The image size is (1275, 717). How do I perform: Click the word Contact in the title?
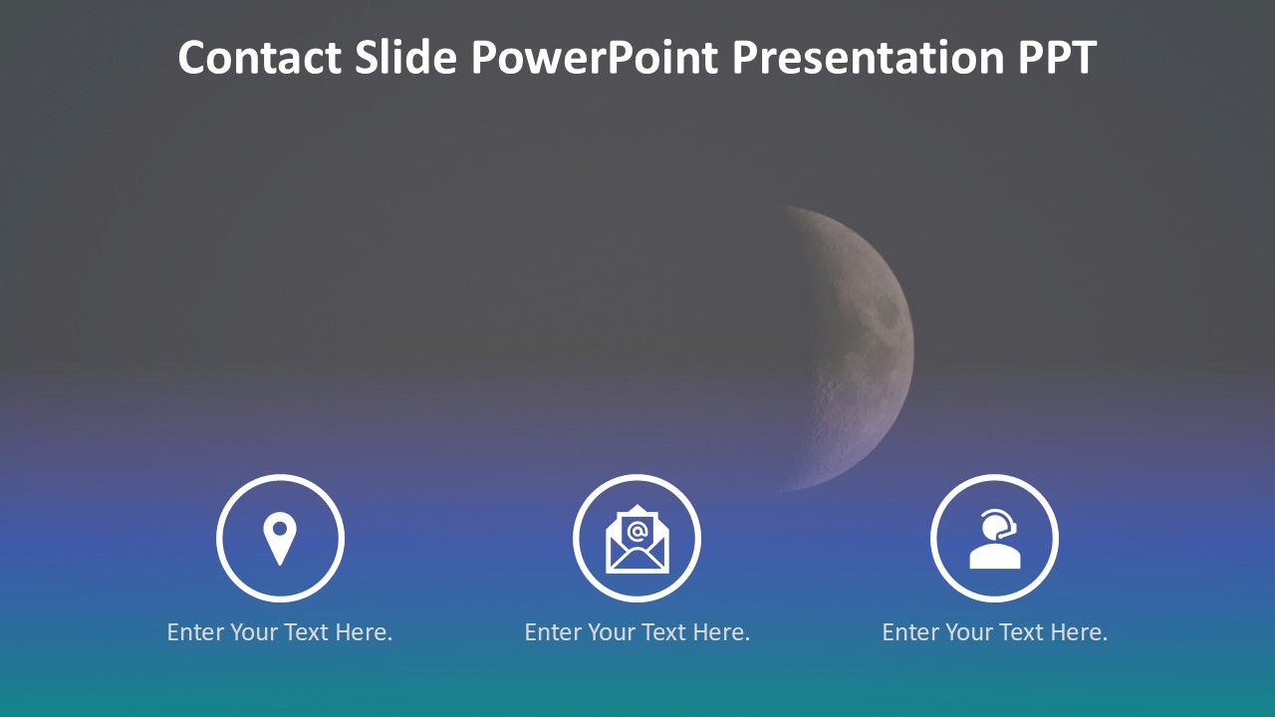(x=260, y=58)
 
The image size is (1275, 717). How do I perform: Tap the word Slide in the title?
(x=405, y=57)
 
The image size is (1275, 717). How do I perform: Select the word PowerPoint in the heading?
(x=595, y=58)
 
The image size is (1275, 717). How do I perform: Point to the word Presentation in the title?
(x=868, y=58)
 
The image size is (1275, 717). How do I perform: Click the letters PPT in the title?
(x=1057, y=58)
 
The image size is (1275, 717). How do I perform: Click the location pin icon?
(x=280, y=539)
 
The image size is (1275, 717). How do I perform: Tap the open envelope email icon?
(x=637, y=539)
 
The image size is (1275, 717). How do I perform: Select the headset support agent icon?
(x=995, y=539)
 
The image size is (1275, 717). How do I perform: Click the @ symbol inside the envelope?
(x=637, y=532)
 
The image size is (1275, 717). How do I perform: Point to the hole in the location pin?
(x=280, y=529)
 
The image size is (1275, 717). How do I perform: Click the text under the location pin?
(x=280, y=632)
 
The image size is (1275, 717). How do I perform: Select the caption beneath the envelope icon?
(x=637, y=632)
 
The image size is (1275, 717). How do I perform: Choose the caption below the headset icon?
(x=995, y=632)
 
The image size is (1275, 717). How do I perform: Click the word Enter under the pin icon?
(x=195, y=632)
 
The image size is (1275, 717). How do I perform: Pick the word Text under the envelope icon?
(x=663, y=632)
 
